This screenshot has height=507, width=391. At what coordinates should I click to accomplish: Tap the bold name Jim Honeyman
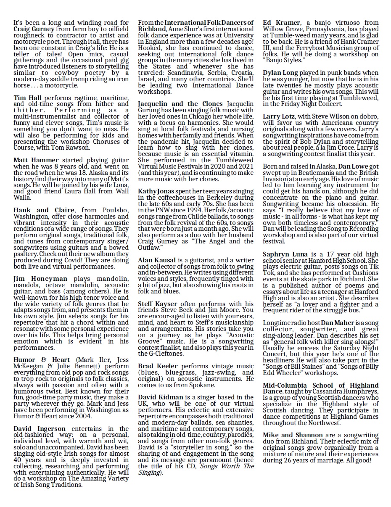pyautogui.click(x=40, y=279)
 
